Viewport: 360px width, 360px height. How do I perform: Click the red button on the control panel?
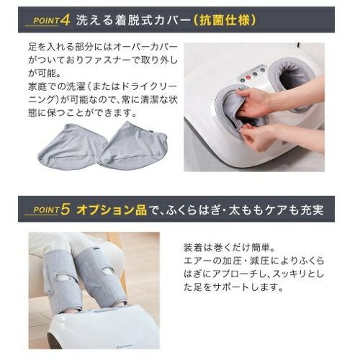pos(248,78)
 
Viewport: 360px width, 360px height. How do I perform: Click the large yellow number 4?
pos(65,20)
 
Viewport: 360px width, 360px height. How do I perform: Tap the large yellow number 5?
pos(65,210)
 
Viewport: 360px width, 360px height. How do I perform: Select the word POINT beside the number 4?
pos(46,21)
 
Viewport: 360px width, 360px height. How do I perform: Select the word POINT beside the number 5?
pos(46,210)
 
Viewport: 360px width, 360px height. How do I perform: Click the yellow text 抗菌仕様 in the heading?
pos(225,20)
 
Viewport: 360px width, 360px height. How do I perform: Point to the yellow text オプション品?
pos(112,210)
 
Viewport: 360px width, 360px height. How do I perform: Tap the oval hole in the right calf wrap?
pos(108,271)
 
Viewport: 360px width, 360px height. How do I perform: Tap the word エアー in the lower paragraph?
pos(195,261)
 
